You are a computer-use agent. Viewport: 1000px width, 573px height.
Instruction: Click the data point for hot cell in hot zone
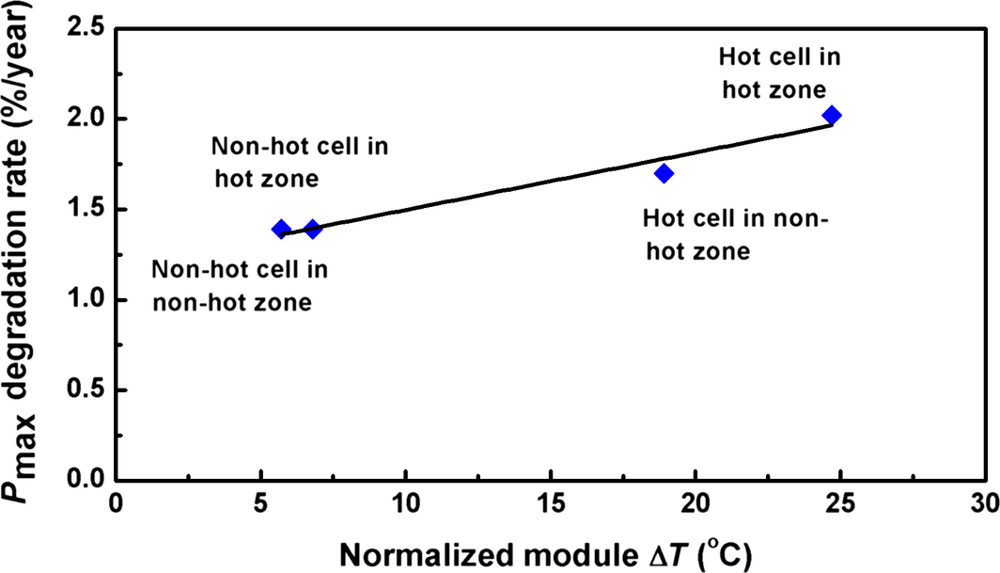click(x=831, y=115)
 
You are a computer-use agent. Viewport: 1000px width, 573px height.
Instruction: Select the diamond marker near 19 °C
click(x=664, y=173)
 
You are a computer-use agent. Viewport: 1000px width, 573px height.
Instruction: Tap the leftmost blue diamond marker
click(x=280, y=229)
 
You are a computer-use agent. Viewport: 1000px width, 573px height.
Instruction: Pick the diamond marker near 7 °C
click(x=313, y=229)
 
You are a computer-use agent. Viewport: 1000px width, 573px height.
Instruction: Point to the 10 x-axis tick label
click(x=405, y=505)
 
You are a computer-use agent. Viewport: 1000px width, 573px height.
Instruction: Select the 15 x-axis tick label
click(x=550, y=505)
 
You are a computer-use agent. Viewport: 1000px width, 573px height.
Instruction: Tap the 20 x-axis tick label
click(x=695, y=505)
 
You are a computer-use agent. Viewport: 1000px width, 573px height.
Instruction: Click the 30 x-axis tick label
click(x=983, y=505)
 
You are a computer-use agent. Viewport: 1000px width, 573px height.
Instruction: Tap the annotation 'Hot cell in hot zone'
click(x=779, y=72)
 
